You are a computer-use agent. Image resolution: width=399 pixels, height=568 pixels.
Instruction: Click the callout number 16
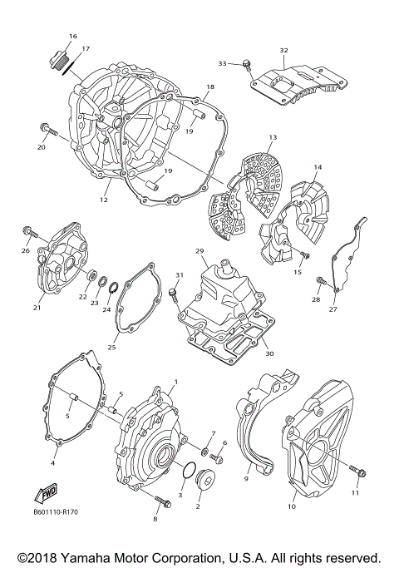pos(73,37)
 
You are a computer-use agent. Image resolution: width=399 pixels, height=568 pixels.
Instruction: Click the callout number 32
pos(283,51)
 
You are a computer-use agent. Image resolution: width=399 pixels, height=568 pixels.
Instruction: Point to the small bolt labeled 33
pos(247,65)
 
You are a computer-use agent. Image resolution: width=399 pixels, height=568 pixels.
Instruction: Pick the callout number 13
pos(271,136)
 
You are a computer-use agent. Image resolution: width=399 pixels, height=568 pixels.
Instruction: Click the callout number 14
pos(317,168)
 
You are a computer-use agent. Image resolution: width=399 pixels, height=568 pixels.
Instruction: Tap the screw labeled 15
pos(305,254)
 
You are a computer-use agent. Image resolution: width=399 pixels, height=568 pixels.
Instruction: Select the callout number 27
pos(332,309)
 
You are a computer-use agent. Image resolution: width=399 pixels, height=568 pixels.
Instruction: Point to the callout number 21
pos(37,308)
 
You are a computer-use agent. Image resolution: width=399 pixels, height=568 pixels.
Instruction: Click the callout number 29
pos(199,250)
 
